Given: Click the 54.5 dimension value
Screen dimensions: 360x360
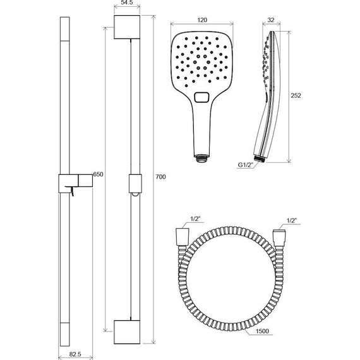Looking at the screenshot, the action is (127, 3).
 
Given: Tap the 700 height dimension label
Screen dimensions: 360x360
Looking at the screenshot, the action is (160, 177).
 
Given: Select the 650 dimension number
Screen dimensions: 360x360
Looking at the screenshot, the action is (98, 174).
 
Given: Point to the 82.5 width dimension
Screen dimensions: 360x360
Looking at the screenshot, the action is (75, 354).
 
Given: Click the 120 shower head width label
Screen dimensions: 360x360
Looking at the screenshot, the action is (202, 20).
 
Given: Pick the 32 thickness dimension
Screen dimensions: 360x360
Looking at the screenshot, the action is (271, 20).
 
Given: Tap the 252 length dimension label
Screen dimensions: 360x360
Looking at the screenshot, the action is (296, 95).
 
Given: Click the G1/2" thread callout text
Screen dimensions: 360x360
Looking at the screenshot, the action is (245, 165).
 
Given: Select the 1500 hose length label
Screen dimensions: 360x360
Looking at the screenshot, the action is (262, 331).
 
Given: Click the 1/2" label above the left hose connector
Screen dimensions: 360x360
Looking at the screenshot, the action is (196, 219).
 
